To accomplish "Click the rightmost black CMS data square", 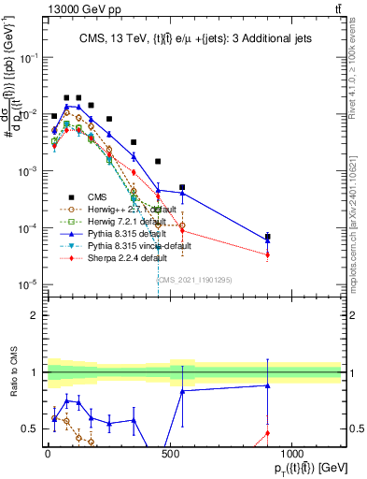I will [x=267, y=237].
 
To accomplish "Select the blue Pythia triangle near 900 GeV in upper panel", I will [x=267, y=240].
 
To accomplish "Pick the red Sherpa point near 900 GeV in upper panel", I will [x=267, y=254].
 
